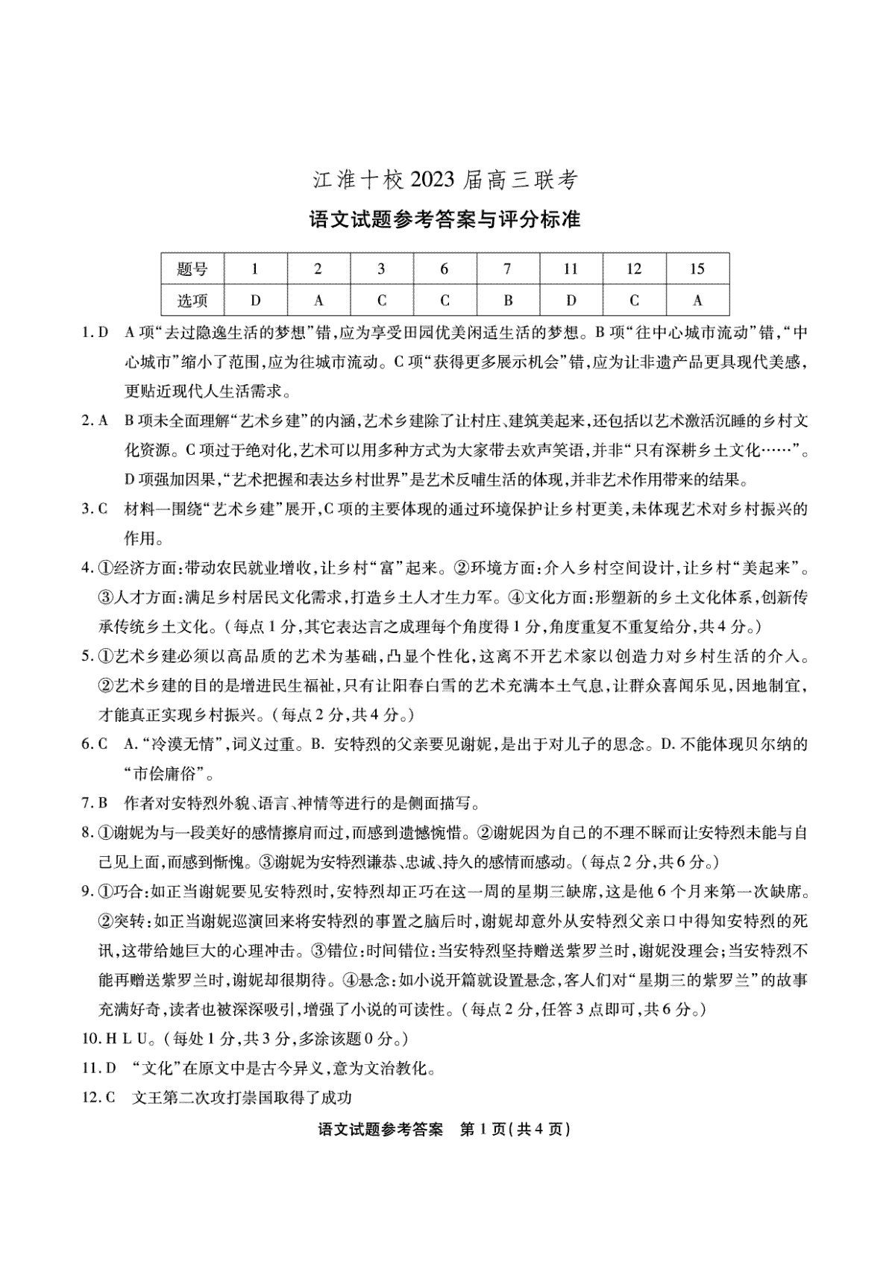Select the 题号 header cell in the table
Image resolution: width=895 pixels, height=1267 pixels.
tap(192, 269)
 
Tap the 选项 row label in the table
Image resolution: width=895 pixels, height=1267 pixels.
tap(192, 301)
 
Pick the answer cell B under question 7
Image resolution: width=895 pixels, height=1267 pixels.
tap(507, 301)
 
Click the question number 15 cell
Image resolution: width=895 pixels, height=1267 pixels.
tap(697, 269)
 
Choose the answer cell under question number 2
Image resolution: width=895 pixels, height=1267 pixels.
tap(318, 301)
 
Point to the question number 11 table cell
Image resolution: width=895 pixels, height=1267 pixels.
tap(571, 269)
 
